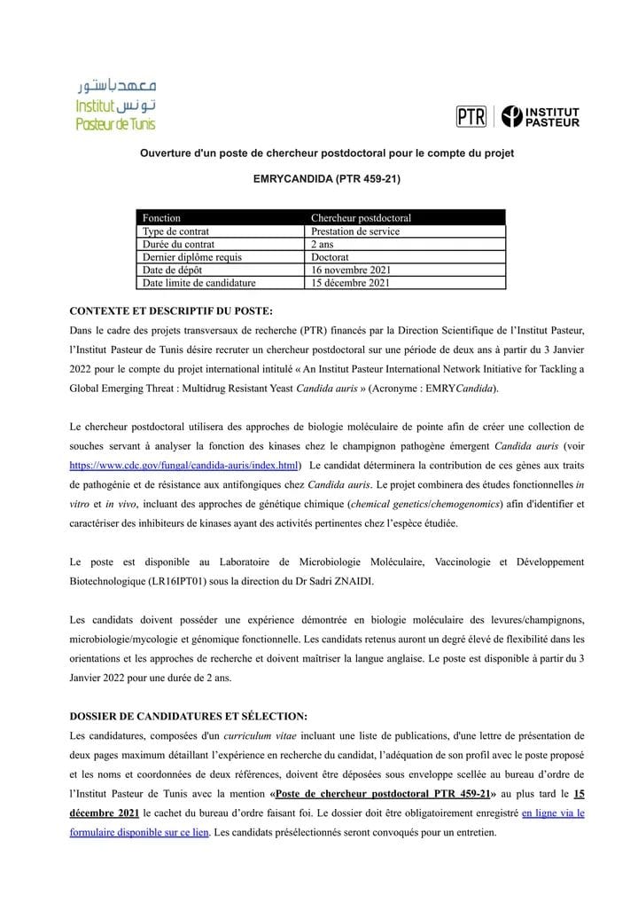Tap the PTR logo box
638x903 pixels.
pyautogui.click(x=471, y=116)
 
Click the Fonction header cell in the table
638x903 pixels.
pyautogui.click(x=161, y=217)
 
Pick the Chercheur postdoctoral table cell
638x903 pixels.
pyautogui.click(x=361, y=217)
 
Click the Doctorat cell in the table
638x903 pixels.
pyautogui.click(x=330, y=257)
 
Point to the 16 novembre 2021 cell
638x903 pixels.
pyautogui.click(x=351, y=271)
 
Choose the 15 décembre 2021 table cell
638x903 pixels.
pyautogui.click(x=351, y=284)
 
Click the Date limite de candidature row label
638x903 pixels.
pyautogui.click(x=198, y=284)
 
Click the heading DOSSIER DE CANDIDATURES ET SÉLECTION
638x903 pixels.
pyautogui.click(x=189, y=716)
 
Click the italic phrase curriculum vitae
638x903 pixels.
pyautogui.click(x=261, y=735)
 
